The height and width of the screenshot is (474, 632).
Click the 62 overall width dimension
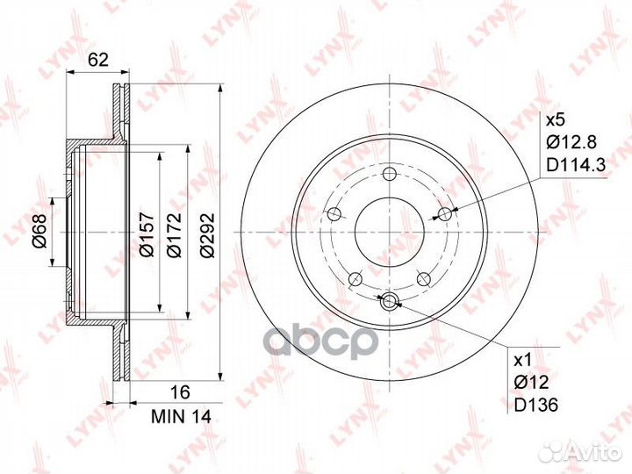tap(98, 61)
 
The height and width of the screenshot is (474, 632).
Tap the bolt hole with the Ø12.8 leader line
tap(446, 213)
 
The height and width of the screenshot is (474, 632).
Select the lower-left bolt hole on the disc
tap(355, 279)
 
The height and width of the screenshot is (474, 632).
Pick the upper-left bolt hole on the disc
tap(334, 213)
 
